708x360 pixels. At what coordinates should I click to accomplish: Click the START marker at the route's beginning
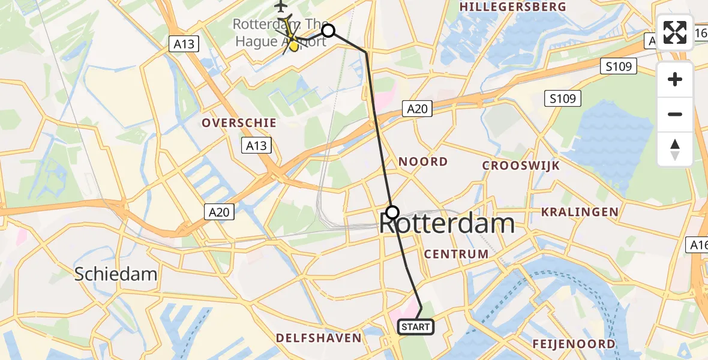[x=415, y=327]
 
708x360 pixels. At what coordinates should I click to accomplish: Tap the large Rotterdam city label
[x=447, y=224]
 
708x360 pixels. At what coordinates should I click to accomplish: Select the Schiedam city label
[x=116, y=274]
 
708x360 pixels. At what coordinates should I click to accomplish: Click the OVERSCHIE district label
[x=239, y=123]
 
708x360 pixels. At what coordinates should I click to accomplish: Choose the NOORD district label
[x=424, y=161]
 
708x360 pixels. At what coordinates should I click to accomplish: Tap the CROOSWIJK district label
[x=521, y=166]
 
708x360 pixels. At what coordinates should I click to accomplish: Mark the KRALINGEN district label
[x=580, y=212]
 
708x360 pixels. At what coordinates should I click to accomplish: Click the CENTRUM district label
[x=456, y=254]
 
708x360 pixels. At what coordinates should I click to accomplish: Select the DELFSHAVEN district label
[x=319, y=338]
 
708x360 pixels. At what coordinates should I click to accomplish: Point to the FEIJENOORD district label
[x=574, y=344]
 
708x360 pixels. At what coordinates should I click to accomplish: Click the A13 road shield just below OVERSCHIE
[x=256, y=145]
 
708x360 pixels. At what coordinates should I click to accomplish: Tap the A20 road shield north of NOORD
[x=417, y=109]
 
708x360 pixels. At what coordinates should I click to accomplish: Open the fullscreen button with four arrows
[x=675, y=32]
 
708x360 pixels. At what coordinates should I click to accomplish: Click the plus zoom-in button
[x=675, y=79]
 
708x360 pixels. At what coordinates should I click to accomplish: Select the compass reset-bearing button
[x=675, y=149]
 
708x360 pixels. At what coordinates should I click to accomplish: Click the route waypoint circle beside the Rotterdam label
[x=392, y=212]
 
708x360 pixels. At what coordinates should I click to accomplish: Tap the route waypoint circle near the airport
[x=328, y=31]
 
